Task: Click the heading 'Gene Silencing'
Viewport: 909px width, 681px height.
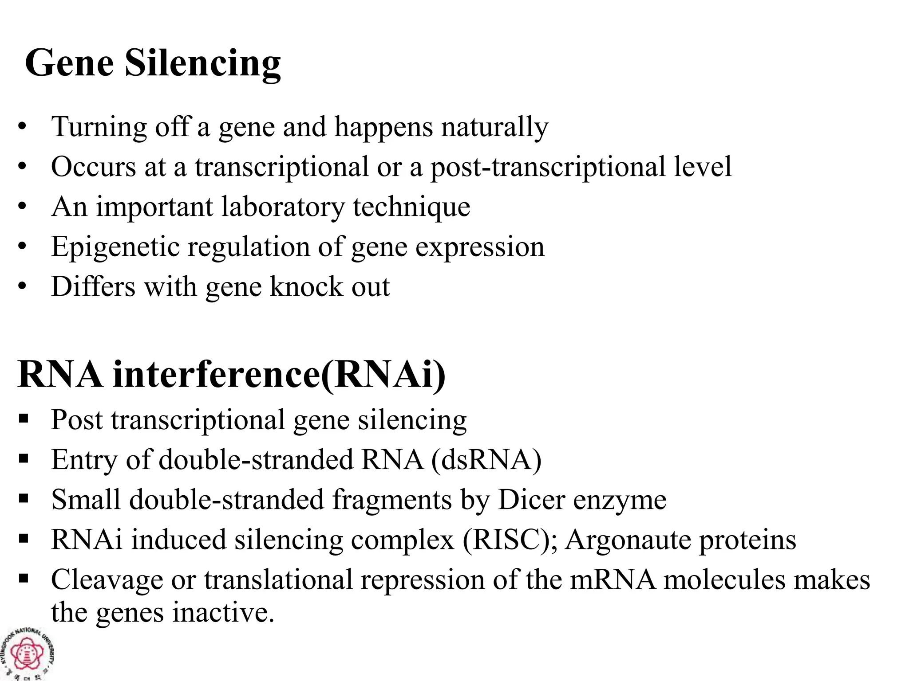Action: [x=153, y=63]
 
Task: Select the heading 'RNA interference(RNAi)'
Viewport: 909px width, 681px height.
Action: [x=231, y=375]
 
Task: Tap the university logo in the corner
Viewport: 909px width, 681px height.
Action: [x=28, y=654]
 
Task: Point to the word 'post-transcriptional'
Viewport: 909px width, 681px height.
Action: [x=548, y=167]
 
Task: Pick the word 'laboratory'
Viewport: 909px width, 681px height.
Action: [x=282, y=207]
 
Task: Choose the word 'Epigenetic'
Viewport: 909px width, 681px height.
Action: [x=115, y=247]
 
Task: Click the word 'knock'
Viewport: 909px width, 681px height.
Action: [x=306, y=287]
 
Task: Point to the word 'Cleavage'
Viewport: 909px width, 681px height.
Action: [x=107, y=580]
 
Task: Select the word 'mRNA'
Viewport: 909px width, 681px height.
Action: [x=613, y=580]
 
